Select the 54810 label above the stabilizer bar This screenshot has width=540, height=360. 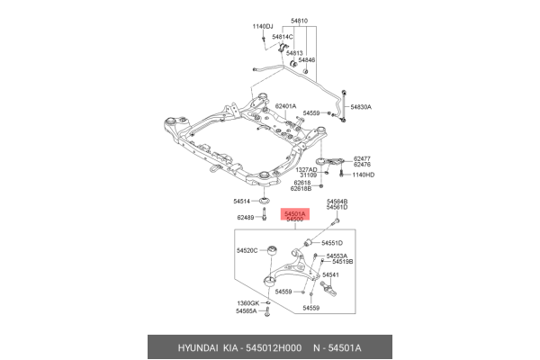(299, 18)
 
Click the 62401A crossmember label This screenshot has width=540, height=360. (285, 106)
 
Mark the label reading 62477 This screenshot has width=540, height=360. (363, 157)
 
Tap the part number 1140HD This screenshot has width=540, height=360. (362, 175)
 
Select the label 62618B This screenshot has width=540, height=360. (301, 189)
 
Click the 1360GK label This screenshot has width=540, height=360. (247, 302)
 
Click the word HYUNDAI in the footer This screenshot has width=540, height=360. (184, 347)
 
